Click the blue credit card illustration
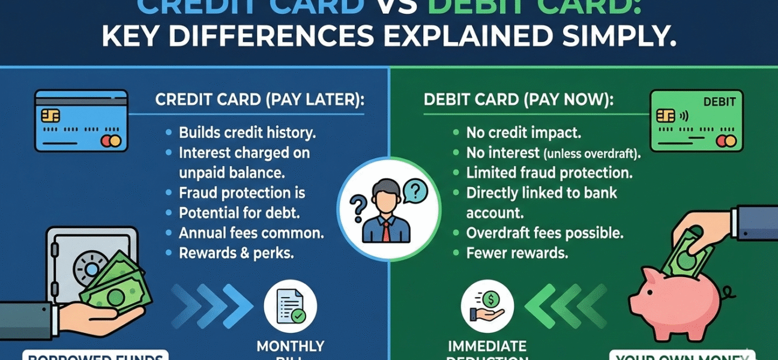pos(81,120)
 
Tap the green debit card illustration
pos(697,120)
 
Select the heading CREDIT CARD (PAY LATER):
pos(259,99)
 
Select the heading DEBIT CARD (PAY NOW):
pos(519,99)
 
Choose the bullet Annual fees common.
pos(252,233)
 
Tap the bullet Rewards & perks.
pos(236,253)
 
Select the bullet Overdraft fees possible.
pos(544,233)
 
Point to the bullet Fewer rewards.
pos(517,253)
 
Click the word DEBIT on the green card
pos(718,101)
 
